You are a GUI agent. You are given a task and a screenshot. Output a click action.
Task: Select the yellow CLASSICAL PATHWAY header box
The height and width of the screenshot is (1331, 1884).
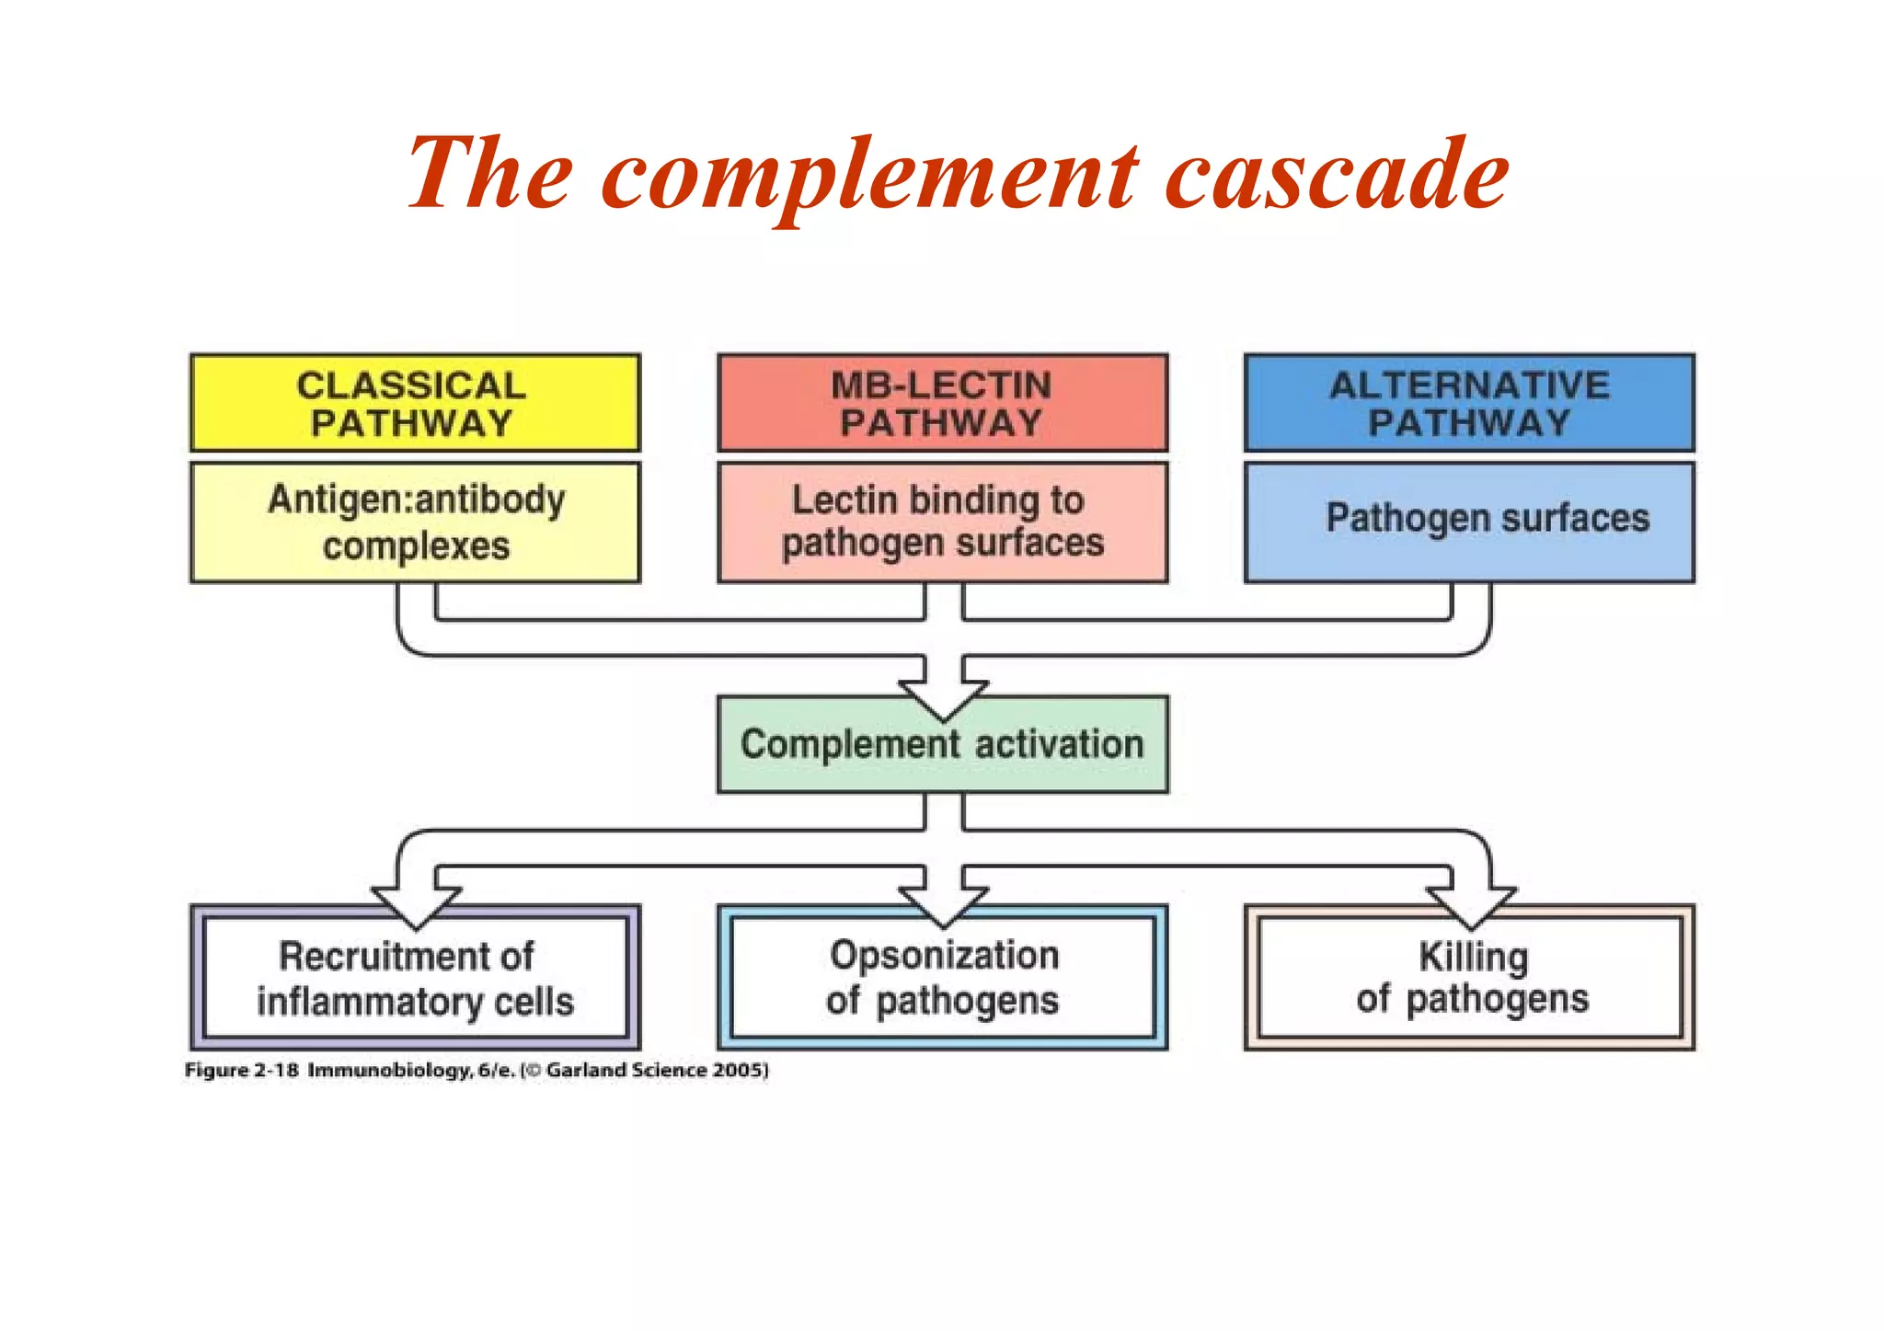click(x=415, y=403)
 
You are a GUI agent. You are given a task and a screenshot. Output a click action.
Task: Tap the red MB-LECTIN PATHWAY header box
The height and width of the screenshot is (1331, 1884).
click(x=942, y=403)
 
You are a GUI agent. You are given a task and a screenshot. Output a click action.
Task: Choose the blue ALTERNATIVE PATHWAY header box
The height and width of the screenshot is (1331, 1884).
click(x=1469, y=403)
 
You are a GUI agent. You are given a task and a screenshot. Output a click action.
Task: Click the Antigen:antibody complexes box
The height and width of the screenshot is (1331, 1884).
click(x=415, y=522)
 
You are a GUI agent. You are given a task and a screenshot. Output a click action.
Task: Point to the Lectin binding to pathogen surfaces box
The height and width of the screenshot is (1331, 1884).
click(x=942, y=522)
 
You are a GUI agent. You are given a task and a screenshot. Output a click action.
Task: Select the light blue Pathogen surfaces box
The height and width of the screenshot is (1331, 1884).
click(x=1469, y=522)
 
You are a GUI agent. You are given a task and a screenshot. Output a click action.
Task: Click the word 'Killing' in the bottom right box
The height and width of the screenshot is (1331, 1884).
click(x=1473, y=957)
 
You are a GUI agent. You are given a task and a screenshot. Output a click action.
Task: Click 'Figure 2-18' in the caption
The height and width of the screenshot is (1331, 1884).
click(x=241, y=1070)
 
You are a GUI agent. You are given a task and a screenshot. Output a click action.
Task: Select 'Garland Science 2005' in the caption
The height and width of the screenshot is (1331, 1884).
click(x=656, y=1070)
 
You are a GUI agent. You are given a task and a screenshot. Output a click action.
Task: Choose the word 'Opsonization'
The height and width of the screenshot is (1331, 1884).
click(x=944, y=955)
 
